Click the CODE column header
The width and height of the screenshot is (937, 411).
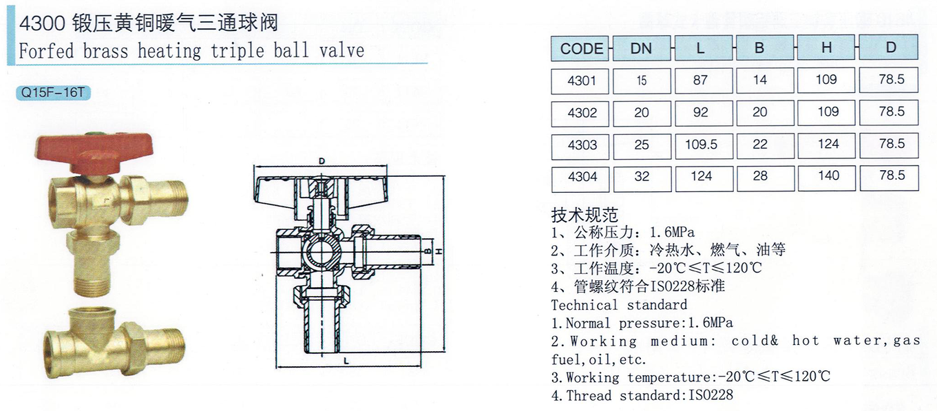coord(582,48)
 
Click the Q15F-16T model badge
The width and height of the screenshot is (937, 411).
coord(53,92)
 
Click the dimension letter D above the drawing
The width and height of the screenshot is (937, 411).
coord(322,161)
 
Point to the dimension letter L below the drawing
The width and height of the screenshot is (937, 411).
coord(346,361)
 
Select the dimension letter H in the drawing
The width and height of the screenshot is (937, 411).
coord(439,251)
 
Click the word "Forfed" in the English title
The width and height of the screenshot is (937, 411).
coord(46,51)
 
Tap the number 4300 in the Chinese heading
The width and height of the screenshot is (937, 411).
coord(42,23)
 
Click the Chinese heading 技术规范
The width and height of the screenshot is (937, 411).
coord(585,215)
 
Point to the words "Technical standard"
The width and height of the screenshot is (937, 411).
coord(619,305)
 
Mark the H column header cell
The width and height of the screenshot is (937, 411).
coord(826,48)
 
